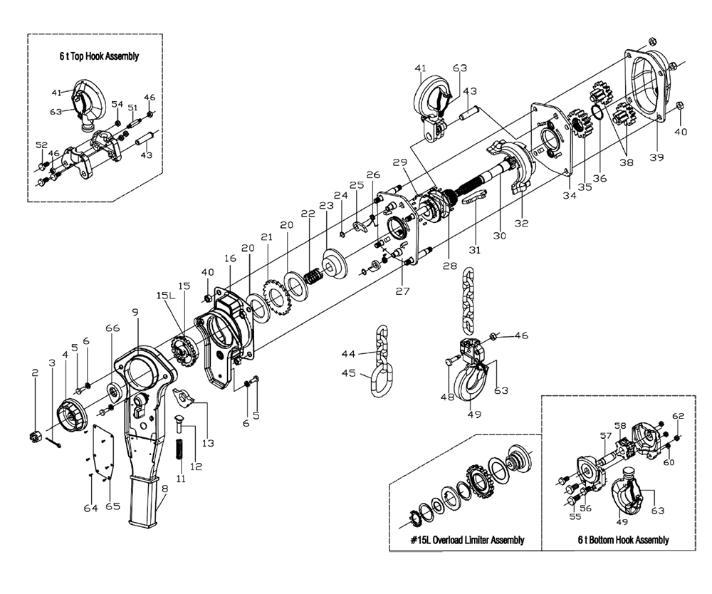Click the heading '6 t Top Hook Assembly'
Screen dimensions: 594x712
point(99,56)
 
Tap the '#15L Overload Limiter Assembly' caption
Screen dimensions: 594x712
point(467,540)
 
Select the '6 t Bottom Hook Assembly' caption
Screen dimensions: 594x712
point(623,540)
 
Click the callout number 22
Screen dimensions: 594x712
point(308,214)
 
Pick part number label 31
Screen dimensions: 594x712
point(475,251)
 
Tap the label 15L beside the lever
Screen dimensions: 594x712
point(163,294)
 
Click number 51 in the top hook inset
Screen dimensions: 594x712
point(132,108)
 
